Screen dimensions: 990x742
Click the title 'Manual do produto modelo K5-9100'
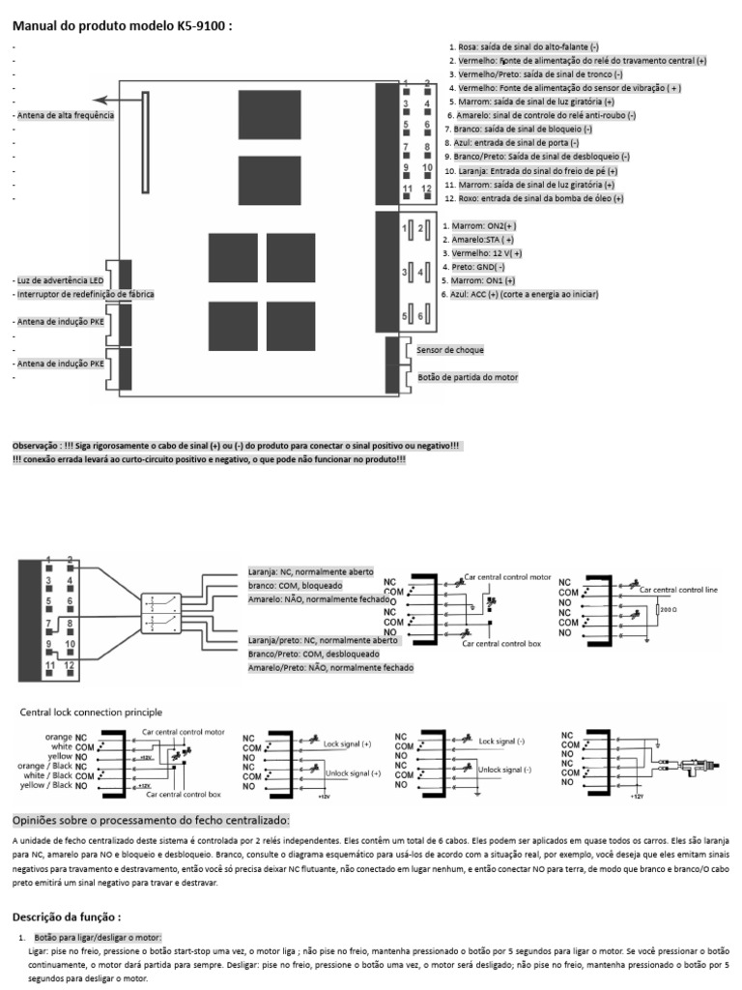pyautogui.click(x=122, y=26)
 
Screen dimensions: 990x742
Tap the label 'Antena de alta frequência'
pyautogui.click(x=66, y=115)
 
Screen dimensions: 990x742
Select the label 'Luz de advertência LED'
pyautogui.click(x=61, y=279)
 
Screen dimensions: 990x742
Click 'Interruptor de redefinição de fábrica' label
pyautogui.click(x=84, y=293)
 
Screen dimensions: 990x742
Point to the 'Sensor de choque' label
pyautogui.click(x=450, y=349)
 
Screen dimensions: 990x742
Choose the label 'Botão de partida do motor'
pyautogui.click(x=468, y=377)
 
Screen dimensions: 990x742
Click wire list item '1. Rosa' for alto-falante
pyautogui.click(x=524, y=46)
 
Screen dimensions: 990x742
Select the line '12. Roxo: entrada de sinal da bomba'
pyautogui.click(x=533, y=198)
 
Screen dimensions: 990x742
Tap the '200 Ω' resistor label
pyautogui.click(x=667, y=611)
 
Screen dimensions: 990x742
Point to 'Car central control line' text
pyautogui.click(x=671, y=588)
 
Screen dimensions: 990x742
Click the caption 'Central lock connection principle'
pyautogui.click(x=92, y=712)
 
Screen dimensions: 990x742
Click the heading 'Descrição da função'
pyautogui.click(x=66, y=917)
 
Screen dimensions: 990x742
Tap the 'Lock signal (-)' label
pyautogui.click(x=501, y=742)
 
